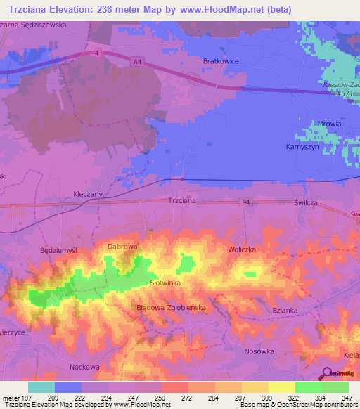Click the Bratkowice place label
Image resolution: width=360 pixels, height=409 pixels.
click(x=221, y=61)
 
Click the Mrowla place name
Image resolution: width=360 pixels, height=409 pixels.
click(x=309, y=124)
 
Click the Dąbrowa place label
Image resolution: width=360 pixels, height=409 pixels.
click(x=121, y=247)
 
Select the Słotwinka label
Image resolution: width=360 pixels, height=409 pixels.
click(x=166, y=282)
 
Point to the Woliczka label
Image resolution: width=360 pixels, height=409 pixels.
click(x=241, y=249)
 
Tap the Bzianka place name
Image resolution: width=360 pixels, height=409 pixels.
click(x=285, y=309)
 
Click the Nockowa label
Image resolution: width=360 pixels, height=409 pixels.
click(x=84, y=367)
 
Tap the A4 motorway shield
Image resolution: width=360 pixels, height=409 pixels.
click(x=136, y=62)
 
